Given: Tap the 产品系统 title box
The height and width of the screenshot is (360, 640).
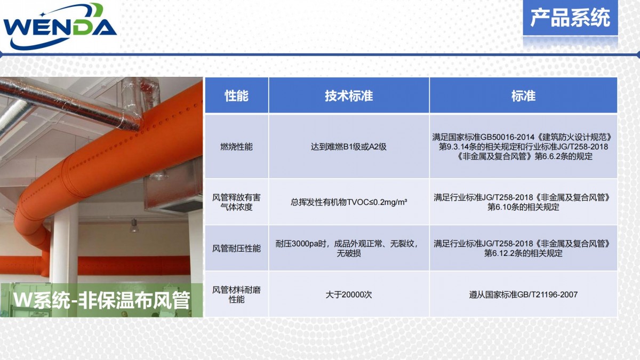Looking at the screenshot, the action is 570,18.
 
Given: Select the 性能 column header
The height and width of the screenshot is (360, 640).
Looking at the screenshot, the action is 237,95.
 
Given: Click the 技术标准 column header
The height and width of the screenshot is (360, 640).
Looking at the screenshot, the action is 349,95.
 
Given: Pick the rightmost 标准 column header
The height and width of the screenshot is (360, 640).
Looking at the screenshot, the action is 523,95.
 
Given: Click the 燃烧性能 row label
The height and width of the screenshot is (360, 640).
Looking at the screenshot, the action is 237,147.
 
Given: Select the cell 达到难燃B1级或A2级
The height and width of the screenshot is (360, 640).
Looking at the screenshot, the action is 349,147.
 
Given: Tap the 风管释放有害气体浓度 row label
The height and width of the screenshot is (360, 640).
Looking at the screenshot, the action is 237,202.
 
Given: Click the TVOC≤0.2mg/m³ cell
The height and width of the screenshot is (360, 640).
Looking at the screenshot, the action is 349,202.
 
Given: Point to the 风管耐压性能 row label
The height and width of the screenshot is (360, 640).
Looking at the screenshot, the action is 237,249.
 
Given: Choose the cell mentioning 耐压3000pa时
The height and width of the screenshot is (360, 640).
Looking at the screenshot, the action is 349,249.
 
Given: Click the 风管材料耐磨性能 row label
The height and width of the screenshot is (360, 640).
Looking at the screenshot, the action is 237,294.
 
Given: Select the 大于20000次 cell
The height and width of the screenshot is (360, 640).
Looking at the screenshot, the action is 349,294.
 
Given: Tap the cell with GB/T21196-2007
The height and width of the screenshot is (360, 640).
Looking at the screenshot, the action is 523,294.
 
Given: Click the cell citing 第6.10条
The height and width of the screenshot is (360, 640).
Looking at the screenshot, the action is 523,202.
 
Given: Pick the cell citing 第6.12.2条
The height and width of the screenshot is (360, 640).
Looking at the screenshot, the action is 523,249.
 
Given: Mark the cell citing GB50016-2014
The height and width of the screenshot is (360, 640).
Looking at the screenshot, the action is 523,147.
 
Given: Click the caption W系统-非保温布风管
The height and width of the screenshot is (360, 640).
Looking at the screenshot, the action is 101,300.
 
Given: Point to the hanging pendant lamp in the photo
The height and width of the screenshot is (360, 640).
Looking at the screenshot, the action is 134,226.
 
